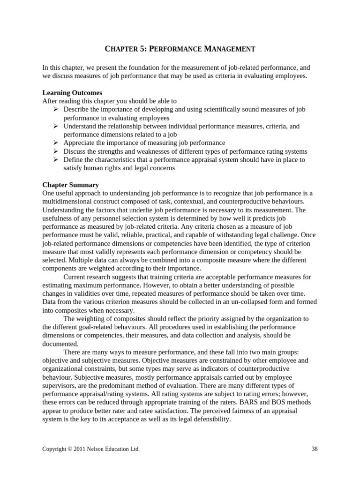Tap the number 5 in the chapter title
pos(138,49)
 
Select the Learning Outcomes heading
pos(72,93)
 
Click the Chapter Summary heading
pos(71,185)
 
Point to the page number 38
pos(315,449)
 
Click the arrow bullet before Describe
pos(55,109)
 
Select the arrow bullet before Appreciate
pos(55,143)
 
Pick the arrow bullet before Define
pos(55,160)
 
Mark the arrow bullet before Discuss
pos(55,151)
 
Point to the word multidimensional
pos(66,202)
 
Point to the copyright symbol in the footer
pos(70,449)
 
